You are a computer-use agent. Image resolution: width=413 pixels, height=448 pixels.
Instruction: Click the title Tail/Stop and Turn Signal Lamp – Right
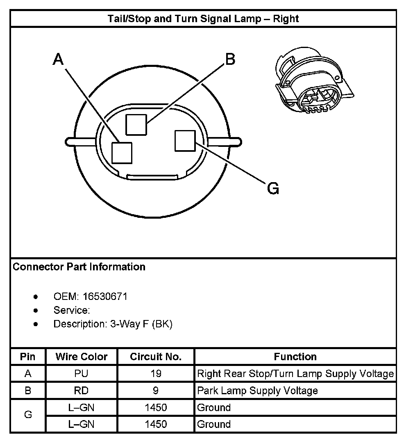203,18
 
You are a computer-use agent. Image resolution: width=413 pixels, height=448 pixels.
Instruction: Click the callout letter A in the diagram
59,60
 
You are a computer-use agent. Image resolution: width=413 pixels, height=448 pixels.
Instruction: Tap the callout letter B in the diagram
230,59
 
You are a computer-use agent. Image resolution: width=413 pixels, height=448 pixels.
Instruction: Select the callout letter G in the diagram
273,189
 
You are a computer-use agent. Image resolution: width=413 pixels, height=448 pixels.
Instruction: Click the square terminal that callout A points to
122,153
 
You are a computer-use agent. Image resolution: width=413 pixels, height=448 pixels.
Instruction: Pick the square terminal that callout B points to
136,124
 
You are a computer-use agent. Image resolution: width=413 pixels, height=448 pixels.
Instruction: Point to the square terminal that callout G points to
184,141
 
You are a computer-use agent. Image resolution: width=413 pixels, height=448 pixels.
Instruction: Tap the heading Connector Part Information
79,267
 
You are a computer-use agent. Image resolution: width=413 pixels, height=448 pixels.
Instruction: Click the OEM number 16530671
105,296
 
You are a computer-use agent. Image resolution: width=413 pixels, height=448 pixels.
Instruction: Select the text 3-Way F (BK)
141,324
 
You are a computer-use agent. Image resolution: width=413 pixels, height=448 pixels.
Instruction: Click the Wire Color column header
82,357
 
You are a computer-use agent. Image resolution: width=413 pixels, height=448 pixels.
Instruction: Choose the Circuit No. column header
156,357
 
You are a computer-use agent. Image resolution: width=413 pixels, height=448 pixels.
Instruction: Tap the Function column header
295,357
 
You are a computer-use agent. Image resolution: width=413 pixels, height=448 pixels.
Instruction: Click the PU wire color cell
82,374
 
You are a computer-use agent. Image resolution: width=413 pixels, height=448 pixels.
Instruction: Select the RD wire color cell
82,391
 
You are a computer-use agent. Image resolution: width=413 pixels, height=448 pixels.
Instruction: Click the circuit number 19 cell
156,374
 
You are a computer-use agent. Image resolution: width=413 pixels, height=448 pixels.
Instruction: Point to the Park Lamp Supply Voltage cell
257,391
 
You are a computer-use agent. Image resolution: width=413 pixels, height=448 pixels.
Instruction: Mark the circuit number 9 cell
156,391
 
